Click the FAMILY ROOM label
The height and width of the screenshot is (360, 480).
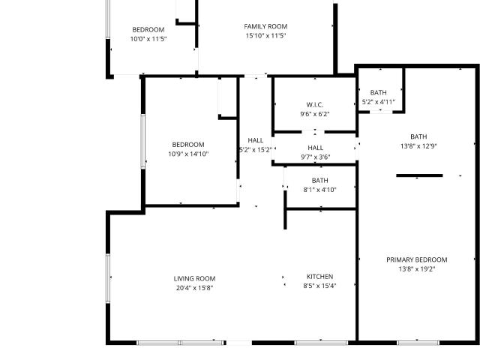[x=265, y=27]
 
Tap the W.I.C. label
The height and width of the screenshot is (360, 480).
[x=315, y=105]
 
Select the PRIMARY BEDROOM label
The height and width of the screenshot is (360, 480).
[x=417, y=260]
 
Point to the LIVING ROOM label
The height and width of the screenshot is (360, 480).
[x=194, y=279]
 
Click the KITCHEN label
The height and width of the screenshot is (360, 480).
[x=320, y=277]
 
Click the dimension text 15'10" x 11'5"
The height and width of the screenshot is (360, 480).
[x=265, y=36]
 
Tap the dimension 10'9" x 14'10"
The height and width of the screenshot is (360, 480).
[x=188, y=154]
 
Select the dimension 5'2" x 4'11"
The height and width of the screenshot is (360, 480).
[x=378, y=102]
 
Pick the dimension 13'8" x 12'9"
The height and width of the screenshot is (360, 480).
[x=418, y=146]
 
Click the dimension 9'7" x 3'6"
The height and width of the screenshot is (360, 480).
[x=315, y=157]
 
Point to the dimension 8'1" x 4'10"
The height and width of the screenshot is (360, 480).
[x=320, y=190]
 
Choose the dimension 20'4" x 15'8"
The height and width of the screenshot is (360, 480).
[x=194, y=288]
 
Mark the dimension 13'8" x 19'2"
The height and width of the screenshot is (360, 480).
[x=417, y=269]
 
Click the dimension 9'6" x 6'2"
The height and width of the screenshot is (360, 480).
[x=315, y=114]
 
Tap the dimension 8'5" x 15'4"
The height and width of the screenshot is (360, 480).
[x=320, y=286]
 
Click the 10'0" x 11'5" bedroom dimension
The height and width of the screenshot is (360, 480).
[x=148, y=39]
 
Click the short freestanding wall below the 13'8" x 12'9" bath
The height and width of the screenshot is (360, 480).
[x=419, y=175]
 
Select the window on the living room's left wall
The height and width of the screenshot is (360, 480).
[x=108, y=278]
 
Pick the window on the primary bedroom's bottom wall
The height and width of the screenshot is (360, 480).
[x=418, y=343]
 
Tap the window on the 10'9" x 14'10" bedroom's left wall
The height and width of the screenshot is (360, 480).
[x=143, y=142]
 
